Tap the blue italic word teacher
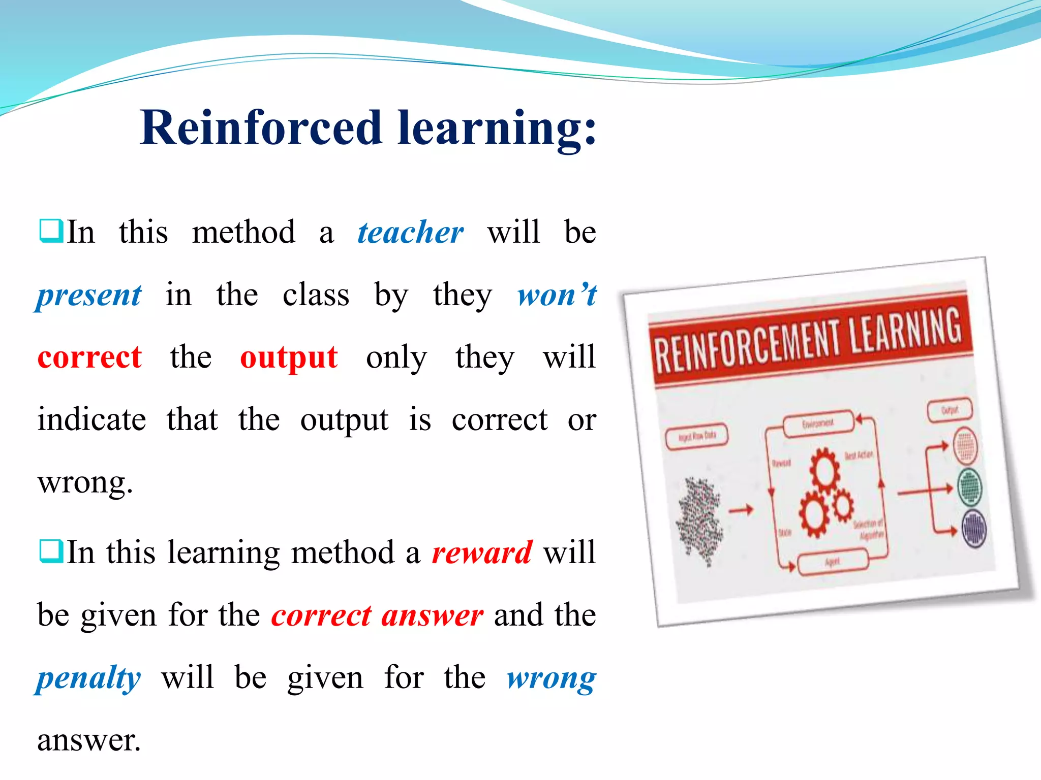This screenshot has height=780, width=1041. coord(410,233)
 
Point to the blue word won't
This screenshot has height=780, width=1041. coord(557,295)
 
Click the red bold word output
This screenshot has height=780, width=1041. coord(289,357)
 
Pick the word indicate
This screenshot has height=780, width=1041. coord(92,419)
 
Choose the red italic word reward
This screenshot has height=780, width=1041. coord(482,552)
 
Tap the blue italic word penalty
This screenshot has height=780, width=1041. coord(88,678)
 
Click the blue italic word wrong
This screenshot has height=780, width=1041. coord(551,678)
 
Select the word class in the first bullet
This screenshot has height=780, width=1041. coord(316,295)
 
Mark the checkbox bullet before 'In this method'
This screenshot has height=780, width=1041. coord(51,231)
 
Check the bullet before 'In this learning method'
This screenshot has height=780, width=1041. coord(51,551)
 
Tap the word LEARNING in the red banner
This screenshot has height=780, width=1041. coord(906,329)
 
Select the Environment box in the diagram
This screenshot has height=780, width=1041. coord(818,423)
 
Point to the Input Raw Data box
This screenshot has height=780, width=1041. coord(697,436)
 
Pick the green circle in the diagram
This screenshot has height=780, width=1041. coord(969,486)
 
